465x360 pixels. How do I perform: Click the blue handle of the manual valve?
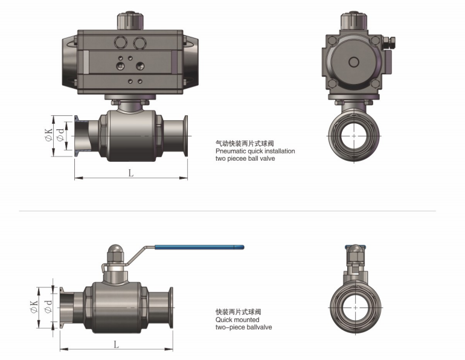pos(199,247)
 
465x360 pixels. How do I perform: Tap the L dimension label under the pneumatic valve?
pos(131,173)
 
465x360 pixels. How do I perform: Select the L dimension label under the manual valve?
pos(116,344)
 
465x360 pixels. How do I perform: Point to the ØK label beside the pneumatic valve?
pos(50,134)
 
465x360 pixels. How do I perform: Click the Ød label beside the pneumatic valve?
pos(60,135)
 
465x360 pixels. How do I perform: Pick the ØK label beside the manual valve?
pos(34,306)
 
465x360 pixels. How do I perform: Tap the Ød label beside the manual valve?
pos(48,306)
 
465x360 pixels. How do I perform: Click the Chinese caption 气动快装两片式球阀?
pos(245,144)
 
